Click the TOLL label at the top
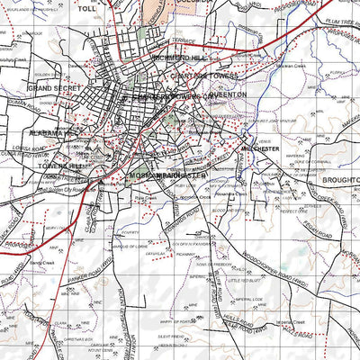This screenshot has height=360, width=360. tap(111, 7)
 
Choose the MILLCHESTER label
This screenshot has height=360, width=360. tap(261, 148)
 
